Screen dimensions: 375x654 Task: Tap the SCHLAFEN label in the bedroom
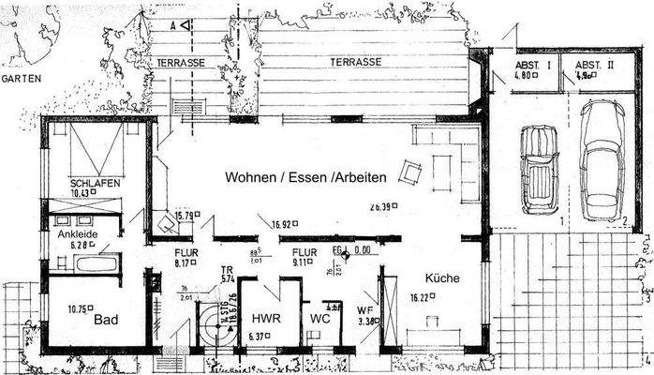point(95,183)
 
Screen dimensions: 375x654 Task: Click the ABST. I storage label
point(530,66)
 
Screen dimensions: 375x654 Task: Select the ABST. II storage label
point(596,66)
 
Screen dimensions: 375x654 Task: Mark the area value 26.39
point(380,206)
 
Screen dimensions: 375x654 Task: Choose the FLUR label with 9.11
point(303,252)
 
